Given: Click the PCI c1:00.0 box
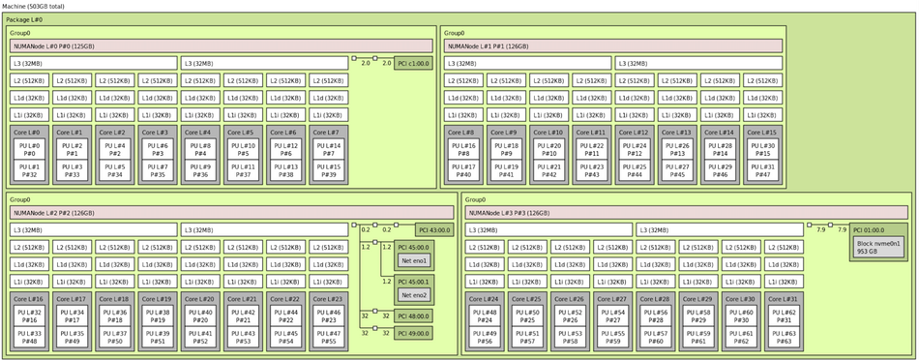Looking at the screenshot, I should pyautogui.click(x=413, y=64).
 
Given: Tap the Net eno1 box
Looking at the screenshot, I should pyautogui.click(x=415, y=261).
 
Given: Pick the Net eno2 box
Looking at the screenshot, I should pyautogui.click(x=415, y=294).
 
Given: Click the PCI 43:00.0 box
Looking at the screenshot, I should pyautogui.click(x=433, y=229).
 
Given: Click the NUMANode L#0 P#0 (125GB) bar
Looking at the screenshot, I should pyautogui.click(x=222, y=45).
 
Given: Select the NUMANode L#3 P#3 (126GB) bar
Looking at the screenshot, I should pyautogui.click(x=635, y=213).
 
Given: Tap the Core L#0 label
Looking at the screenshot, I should pyautogui.click(x=28, y=133).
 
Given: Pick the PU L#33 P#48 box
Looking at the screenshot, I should pyautogui.click(x=30, y=337).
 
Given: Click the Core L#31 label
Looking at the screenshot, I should pyautogui.click(x=784, y=299).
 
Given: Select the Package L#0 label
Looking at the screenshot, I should pyautogui.click(x=24, y=19).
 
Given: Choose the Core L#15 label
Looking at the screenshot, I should pyautogui.click(x=762, y=133).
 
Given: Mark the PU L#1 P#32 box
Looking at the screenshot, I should pyautogui.click(x=28, y=170).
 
